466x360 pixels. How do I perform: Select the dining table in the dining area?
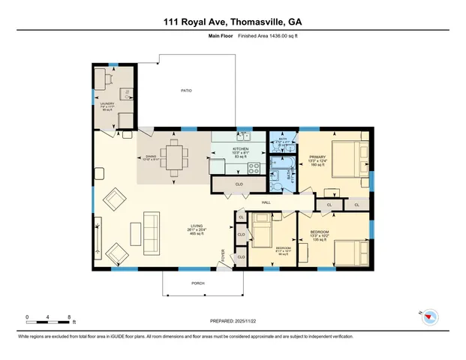175,157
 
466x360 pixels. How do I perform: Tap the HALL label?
266,202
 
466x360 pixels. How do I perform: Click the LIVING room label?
197,227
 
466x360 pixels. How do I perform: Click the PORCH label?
197,283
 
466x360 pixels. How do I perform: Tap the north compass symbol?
429,317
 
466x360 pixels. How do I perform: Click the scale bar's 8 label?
69,317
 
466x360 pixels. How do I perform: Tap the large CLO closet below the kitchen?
239,183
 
